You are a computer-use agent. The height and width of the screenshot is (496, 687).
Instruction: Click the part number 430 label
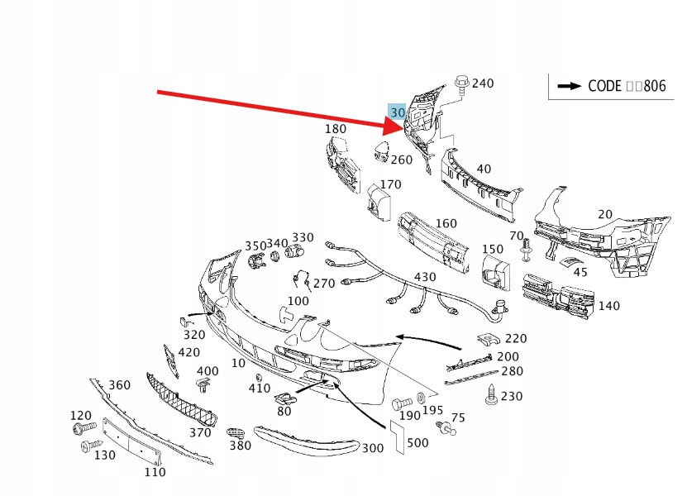[425, 276]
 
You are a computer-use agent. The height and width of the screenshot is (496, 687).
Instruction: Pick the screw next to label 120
[83, 429]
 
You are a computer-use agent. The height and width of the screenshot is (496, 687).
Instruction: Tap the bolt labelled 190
[398, 404]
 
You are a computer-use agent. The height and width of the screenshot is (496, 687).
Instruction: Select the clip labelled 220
[489, 339]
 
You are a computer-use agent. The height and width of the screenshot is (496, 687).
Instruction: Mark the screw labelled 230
[493, 395]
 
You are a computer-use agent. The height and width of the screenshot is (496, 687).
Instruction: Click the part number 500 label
[417, 443]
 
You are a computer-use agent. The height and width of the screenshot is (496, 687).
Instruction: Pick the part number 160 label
[446, 223]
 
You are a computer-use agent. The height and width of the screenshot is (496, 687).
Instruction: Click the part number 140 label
[608, 306]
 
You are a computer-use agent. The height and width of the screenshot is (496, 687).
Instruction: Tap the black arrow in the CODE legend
[570, 85]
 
